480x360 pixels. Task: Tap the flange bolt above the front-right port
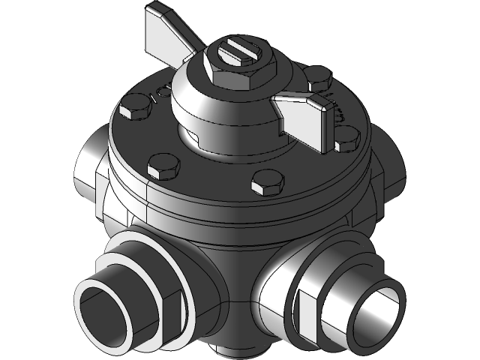[267, 181]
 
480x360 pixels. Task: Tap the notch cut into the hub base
[192, 136]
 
